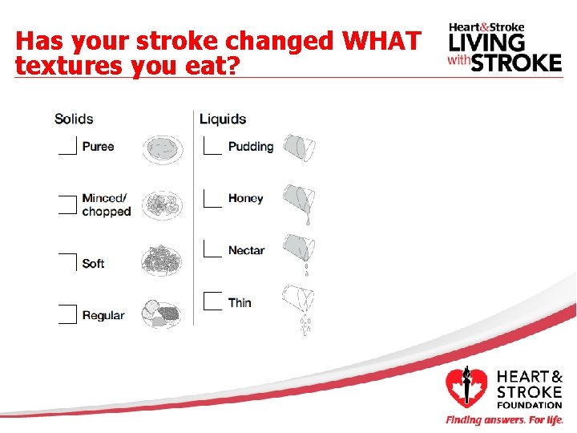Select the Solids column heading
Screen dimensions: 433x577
[x=74, y=119]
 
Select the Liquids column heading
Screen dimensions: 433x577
[x=223, y=119]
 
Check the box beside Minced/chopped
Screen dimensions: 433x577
[x=68, y=204]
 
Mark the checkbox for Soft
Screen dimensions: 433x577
[x=68, y=262]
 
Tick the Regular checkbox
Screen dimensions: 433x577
[x=68, y=314]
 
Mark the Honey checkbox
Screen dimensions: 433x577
[x=212, y=198]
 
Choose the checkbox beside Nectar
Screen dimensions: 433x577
[x=212, y=249]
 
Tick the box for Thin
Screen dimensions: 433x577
[x=212, y=301]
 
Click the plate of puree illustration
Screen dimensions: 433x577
[x=163, y=148]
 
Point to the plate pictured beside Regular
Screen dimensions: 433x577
[x=163, y=312]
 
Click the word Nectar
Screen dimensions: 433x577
[x=246, y=250]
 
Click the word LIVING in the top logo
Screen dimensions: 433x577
[x=486, y=42]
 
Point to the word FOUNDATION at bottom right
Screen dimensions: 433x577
[x=530, y=406]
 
